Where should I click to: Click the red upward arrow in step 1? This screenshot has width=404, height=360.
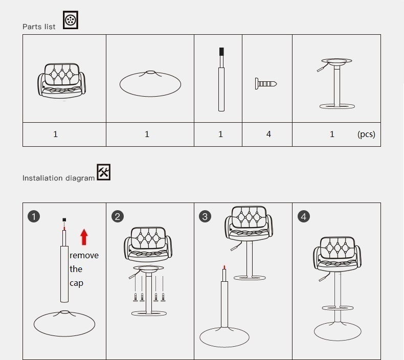(x=84, y=237)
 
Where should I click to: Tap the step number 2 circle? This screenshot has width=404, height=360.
(x=118, y=216)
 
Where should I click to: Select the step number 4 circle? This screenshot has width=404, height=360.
(x=304, y=216)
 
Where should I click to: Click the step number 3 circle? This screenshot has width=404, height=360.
(x=205, y=216)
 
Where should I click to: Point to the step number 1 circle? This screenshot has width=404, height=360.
(x=34, y=216)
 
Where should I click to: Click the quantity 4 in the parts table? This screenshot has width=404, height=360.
(x=268, y=134)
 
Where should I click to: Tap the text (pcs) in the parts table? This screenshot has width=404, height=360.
(x=366, y=134)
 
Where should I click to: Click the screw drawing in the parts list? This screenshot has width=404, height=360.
(x=266, y=84)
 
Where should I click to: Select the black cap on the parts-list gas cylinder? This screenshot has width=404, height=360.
(x=221, y=52)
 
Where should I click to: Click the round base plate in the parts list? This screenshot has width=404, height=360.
(x=150, y=84)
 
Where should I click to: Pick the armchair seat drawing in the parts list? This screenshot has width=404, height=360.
(x=62, y=81)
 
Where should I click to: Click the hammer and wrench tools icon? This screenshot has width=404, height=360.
(x=104, y=172)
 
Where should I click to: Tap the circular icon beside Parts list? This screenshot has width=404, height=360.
(x=71, y=20)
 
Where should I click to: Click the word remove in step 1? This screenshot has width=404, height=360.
(x=84, y=255)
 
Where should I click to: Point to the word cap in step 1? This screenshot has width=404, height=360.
(x=76, y=283)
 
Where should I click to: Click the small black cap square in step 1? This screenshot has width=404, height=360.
(x=64, y=220)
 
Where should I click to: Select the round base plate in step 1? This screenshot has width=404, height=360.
(x=64, y=323)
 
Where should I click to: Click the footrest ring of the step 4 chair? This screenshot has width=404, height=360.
(x=338, y=308)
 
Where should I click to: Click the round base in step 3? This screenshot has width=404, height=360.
(x=225, y=337)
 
